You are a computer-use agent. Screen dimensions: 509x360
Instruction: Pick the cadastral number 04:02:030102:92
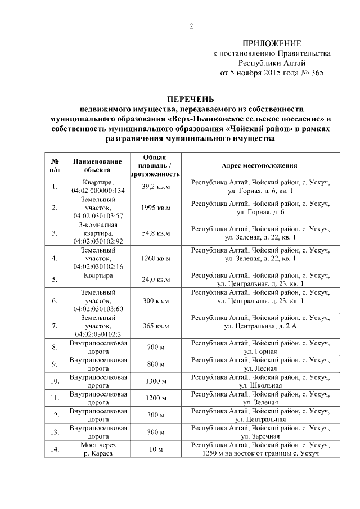(x=97, y=241)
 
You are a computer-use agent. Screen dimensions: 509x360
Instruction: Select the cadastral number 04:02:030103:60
(x=97, y=309)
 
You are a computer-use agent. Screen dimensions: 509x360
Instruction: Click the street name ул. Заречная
(x=260, y=436)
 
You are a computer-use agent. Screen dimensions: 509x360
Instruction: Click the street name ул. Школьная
(x=260, y=385)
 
